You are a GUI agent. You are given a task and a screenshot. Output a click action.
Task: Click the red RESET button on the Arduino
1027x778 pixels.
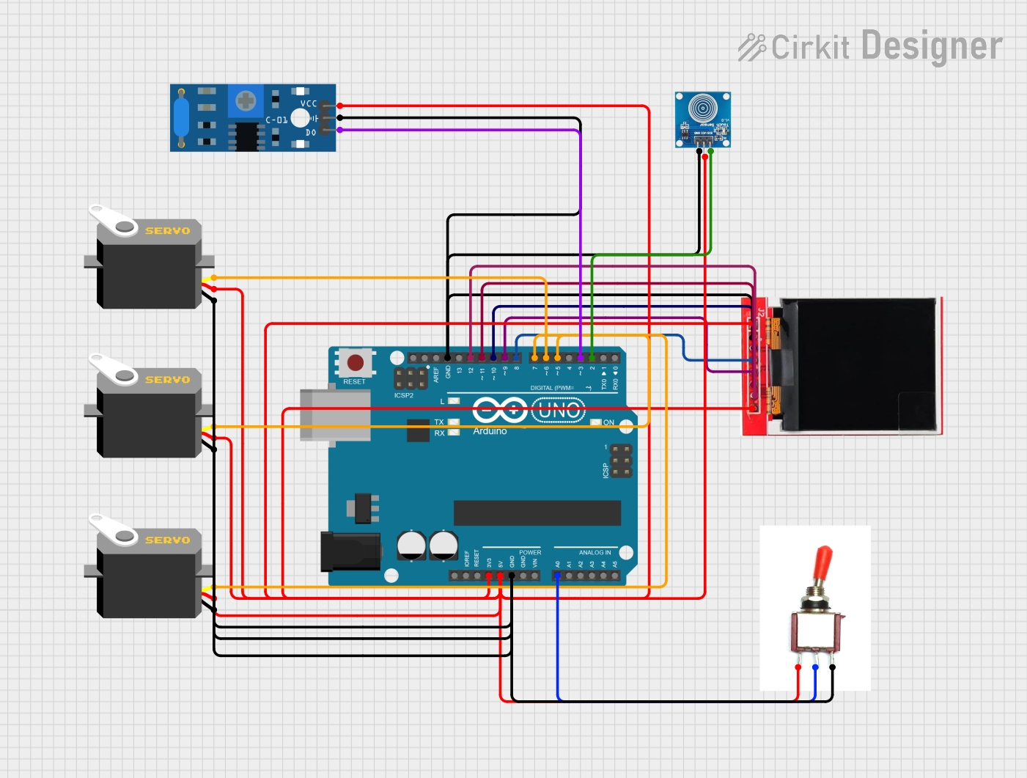tap(356, 362)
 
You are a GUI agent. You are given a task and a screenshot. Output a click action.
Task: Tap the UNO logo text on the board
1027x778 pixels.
tap(559, 411)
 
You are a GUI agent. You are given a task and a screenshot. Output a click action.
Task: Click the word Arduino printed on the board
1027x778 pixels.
tap(490, 431)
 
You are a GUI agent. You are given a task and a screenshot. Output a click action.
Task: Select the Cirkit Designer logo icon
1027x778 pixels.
tap(751, 47)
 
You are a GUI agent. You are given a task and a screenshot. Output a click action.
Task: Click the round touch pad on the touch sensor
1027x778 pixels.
tap(702, 109)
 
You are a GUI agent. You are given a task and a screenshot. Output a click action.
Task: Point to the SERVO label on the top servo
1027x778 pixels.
tap(167, 231)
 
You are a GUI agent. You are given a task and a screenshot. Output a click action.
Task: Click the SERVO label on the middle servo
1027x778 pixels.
tap(167, 380)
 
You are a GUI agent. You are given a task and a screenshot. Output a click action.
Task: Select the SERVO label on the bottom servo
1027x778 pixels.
tap(167, 540)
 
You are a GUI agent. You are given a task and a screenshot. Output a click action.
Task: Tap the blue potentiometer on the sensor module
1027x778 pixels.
tap(246, 100)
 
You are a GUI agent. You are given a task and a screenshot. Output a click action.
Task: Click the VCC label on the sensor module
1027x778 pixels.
tap(309, 104)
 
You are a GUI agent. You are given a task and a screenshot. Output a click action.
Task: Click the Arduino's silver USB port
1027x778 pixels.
tap(335, 414)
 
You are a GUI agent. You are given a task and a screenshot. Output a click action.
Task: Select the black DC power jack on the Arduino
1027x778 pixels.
tap(350, 551)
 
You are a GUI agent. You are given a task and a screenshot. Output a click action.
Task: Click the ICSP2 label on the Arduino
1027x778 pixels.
tap(403, 395)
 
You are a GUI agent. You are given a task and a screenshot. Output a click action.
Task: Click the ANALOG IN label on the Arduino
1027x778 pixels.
tap(595, 553)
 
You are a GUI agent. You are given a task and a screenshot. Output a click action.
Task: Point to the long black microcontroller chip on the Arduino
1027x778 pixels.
tap(537, 513)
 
